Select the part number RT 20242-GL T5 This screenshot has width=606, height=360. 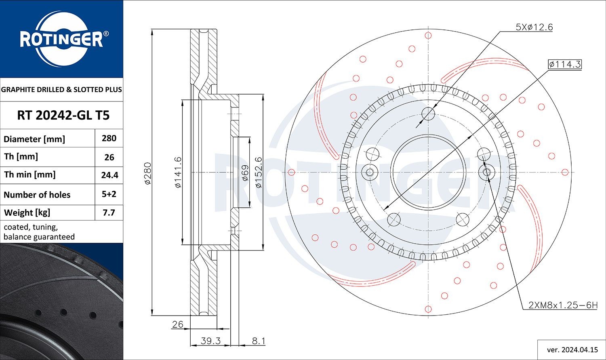click(x=63, y=116)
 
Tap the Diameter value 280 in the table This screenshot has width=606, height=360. click(x=109, y=138)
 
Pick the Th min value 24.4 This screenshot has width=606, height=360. click(x=109, y=175)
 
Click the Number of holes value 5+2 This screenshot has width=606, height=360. click(x=109, y=194)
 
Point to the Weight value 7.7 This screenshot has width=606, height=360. click(x=109, y=213)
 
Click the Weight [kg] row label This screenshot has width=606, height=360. click(x=27, y=213)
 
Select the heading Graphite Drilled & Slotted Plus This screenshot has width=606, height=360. click(x=61, y=90)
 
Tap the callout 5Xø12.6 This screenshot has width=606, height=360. click(x=534, y=27)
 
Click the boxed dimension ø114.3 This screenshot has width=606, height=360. click(x=565, y=64)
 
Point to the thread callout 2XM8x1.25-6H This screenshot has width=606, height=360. click(x=562, y=305)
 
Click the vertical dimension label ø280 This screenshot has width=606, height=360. click(x=147, y=173)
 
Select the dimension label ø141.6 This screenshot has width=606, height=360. click(x=178, y=173)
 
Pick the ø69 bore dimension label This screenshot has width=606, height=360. click(x=244, y=173)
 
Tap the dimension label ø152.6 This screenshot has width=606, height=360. click(x=259, y=173)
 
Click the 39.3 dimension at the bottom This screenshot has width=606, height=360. click(x=210, y=341)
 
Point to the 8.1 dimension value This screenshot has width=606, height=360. click(x=259, y=341)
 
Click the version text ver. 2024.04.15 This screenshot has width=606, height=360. click(x=572, y=349)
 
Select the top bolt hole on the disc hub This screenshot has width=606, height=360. click(x=428, y=114)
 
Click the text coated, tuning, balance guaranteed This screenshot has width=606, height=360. click(x=39, y=232)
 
